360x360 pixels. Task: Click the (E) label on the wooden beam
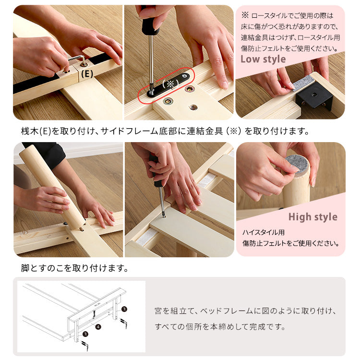(87, 74)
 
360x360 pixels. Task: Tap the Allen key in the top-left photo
(77, 60)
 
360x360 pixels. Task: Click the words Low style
(263, 59)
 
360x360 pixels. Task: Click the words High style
(313, 217)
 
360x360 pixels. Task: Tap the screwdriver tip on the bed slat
(164, 214)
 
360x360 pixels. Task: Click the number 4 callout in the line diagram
(97, 327)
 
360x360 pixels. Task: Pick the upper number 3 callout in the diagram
(124, 310)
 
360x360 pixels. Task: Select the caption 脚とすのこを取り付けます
(74, 268)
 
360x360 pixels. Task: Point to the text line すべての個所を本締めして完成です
(220, 327)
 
